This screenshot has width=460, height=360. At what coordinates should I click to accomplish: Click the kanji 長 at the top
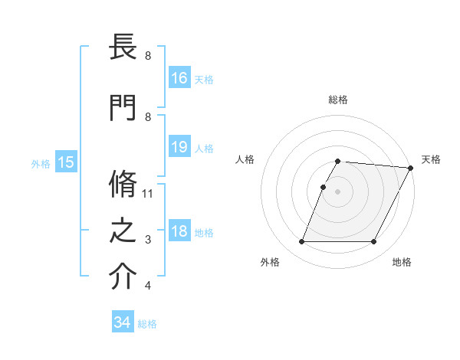click(x=123, y=48)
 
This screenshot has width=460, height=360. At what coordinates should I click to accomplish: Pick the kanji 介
click(x=123, y=277)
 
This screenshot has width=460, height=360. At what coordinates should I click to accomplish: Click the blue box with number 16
click(x=179, y=77)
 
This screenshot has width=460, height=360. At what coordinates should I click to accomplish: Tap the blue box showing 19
click(x=179, y=147)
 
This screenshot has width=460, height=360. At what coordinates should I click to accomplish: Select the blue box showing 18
click(x=179, y=232)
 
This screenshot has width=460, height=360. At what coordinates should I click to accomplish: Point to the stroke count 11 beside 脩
click(x=148, y=193)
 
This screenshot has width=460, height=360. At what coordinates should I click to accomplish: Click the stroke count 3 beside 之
click(x=148, y=240)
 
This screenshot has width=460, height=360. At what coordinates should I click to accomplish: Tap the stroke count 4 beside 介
click(x=148, y=286)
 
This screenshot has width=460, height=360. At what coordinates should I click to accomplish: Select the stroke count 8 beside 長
click(x=148, y=56)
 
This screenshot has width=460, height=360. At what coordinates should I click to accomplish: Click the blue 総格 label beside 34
click(x=147, y=324)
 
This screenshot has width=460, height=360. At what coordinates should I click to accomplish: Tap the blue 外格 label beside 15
click(x=41, y=163)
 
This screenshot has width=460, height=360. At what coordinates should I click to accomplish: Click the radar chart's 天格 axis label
click(x=431, y=159)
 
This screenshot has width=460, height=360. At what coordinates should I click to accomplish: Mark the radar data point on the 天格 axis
click(x=411, y=168)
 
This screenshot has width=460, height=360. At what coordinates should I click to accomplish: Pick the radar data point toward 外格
click(x=301, y=242)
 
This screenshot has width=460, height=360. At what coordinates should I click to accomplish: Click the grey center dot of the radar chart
click(x=337, y=191)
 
